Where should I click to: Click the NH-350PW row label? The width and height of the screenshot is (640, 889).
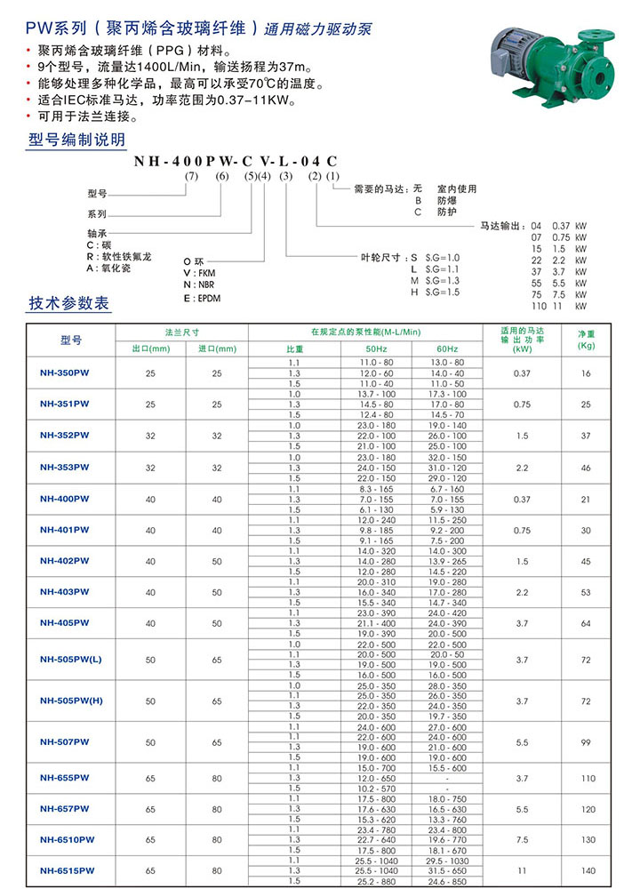click(x=64, y=373)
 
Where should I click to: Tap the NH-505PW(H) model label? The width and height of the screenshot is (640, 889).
click(x=71, y=701)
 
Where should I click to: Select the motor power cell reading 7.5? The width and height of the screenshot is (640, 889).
click(x=521, y=838)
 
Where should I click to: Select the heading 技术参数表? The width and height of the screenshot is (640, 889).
click(x=70, y=305)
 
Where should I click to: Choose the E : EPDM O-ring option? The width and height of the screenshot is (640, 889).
click(x=203, y=298)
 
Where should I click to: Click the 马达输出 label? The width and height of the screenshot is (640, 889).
click(x=502, y=226)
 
